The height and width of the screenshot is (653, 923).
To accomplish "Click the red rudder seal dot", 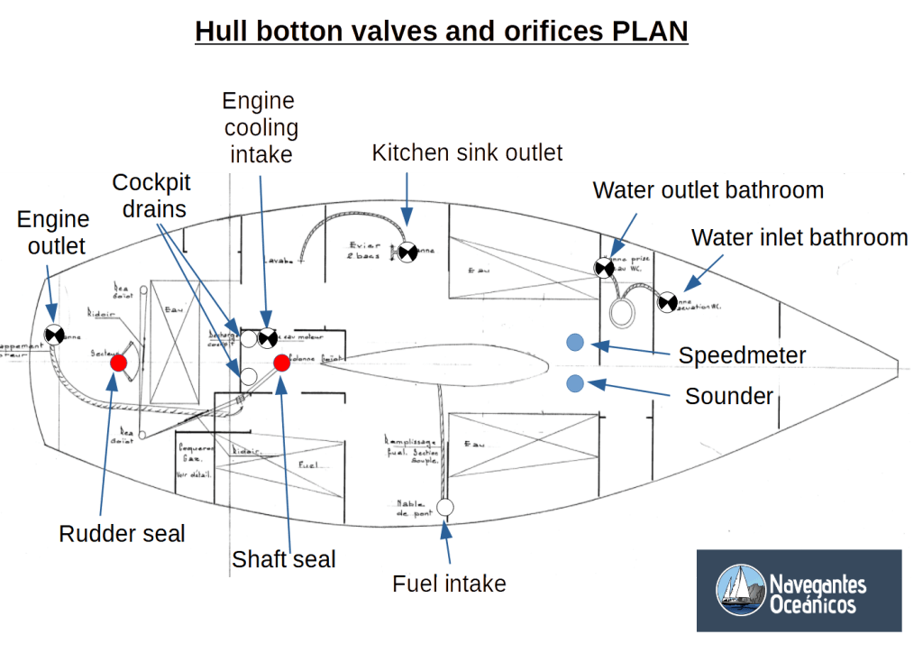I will (x=118, y=363).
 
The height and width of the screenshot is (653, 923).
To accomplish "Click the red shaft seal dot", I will (x=281, y=363).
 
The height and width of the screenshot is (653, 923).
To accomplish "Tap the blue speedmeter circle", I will (x=575, y=342).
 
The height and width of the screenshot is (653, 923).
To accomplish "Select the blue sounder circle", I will (x=575, y=384).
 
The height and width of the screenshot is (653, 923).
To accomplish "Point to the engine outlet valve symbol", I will (x=55, y=335).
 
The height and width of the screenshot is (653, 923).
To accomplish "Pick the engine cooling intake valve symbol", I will (x=267, y=338).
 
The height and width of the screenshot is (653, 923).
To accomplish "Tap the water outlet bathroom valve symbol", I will (x=603, y=267).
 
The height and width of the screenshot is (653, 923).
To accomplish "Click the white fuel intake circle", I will (x=445, y=507).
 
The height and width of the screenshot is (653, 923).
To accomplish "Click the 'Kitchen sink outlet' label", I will (x=467, y=153).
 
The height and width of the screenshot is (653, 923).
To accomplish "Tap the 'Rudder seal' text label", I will (x=122, y=534).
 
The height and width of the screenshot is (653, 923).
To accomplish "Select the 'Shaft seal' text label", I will (x=283, y=559).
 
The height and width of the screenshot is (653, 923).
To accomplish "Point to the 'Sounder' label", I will (x=729, y=396).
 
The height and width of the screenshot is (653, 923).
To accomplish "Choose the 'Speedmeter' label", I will (x=742, y=354).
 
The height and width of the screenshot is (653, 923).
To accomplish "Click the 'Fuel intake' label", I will (x=449, y=584).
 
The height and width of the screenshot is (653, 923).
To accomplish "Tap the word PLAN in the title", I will (x=649, y=32).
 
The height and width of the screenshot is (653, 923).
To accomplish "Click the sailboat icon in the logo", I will (x=740, y=590).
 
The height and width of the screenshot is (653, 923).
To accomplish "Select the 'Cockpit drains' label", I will (x=151, y=196).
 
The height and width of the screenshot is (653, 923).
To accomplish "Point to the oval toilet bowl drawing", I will (x=624, y=313).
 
